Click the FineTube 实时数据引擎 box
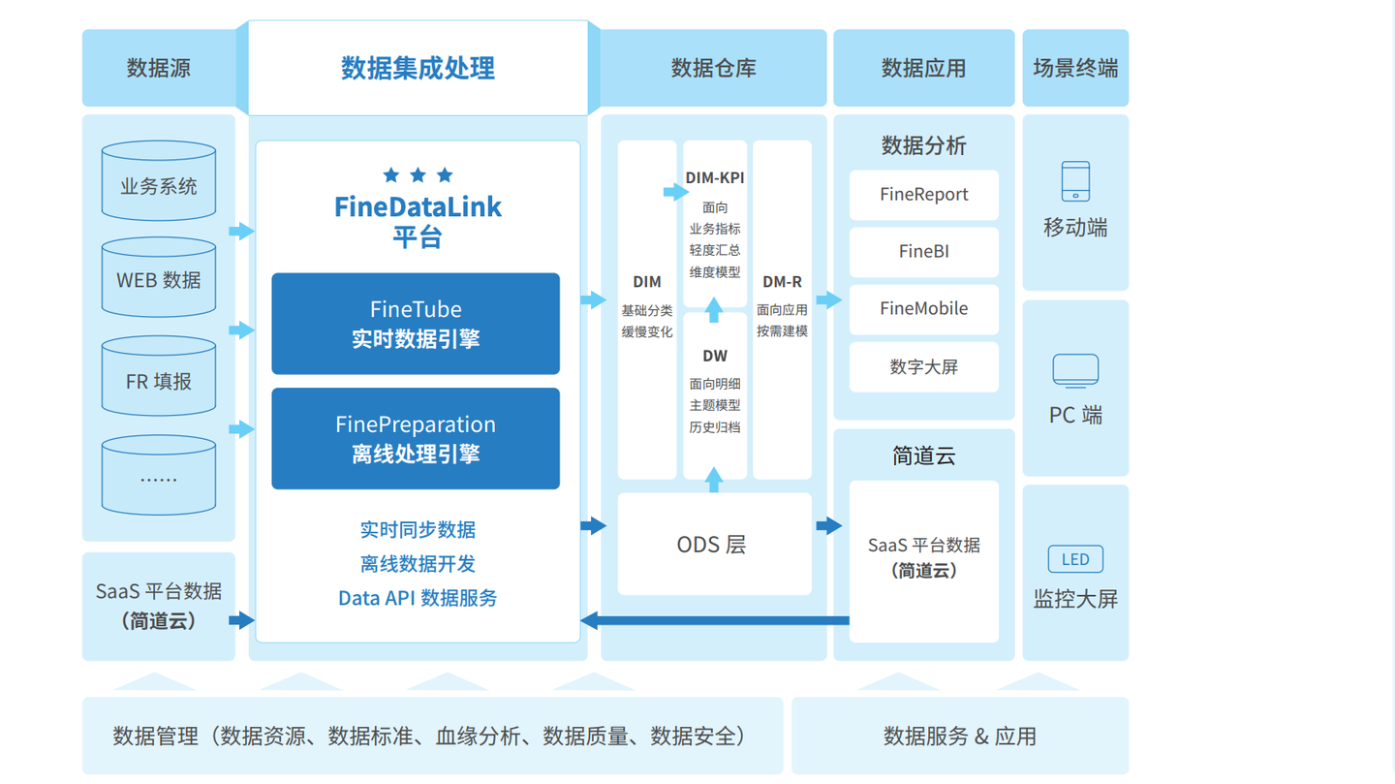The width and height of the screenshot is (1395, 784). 416,324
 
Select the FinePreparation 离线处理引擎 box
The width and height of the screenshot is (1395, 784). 416,439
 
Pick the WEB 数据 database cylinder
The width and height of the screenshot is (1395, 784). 159,278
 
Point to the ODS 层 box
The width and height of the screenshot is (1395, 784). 714,544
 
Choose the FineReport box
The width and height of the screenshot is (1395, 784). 923,195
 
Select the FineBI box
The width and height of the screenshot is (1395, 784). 923,252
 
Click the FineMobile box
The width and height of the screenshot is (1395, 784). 923,309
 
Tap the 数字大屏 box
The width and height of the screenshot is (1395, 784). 923,367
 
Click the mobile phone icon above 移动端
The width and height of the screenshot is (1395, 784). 1075,181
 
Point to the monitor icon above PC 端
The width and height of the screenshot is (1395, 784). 1075,371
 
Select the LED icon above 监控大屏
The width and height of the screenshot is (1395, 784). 1075,559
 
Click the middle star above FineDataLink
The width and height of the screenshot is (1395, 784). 418,175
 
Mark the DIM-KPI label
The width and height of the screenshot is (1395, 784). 715,178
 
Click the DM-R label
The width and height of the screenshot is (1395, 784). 782,282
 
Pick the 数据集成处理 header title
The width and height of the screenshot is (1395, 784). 418,68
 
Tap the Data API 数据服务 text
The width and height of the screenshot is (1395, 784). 418,598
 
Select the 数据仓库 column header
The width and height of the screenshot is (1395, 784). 714,68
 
